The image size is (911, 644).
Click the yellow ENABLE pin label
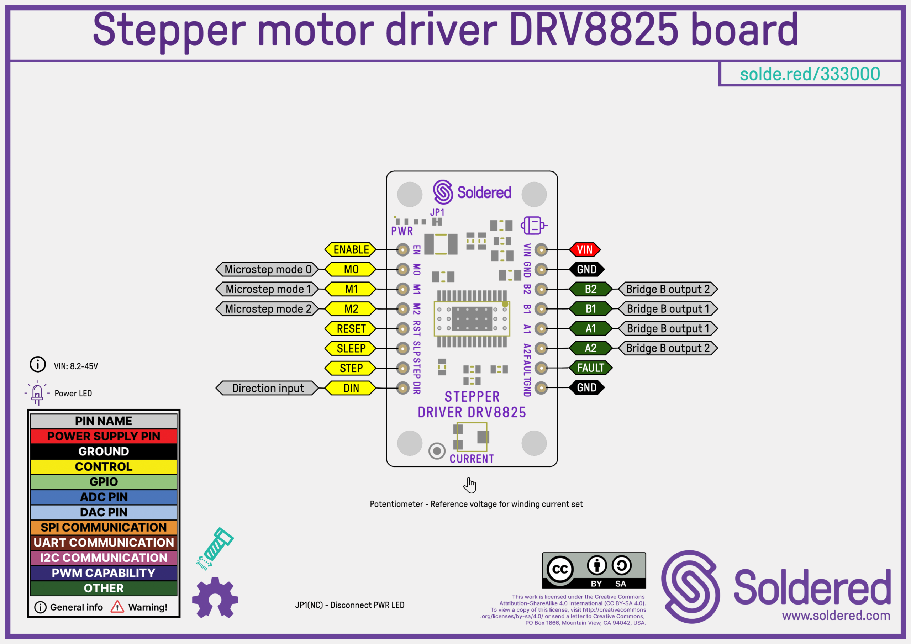coord(351,249)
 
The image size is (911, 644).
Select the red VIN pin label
coord(584,249)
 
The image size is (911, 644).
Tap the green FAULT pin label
coord(590,368)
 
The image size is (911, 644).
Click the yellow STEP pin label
coord(351,368)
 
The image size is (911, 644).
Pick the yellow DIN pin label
coord(351,388)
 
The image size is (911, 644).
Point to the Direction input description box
coord(268,388)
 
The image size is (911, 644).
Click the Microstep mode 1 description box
coord(268,289)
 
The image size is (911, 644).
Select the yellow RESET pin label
coord(351,328)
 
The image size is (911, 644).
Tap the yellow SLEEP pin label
coord(351,348)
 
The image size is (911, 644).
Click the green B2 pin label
coord(590,289)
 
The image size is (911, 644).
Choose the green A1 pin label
coord(590,328)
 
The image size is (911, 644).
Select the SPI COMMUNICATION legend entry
coord(104,527)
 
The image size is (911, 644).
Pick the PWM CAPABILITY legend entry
coord(104,573)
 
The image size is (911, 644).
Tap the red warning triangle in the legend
coord(117,607)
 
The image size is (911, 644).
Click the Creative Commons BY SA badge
coord(594,571)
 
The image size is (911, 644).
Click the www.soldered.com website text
coord(836,616)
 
